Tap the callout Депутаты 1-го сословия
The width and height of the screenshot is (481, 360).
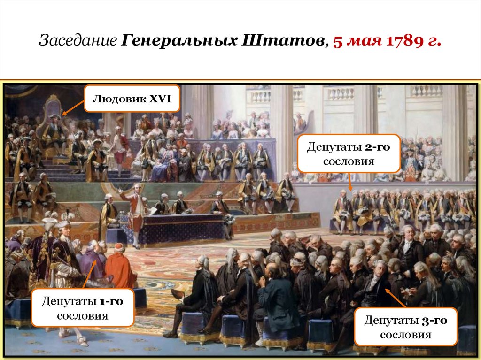(x=83, y=307)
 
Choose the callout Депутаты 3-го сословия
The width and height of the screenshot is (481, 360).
(x=405, y=327)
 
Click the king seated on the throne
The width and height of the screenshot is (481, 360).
(x=54, y=131)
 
